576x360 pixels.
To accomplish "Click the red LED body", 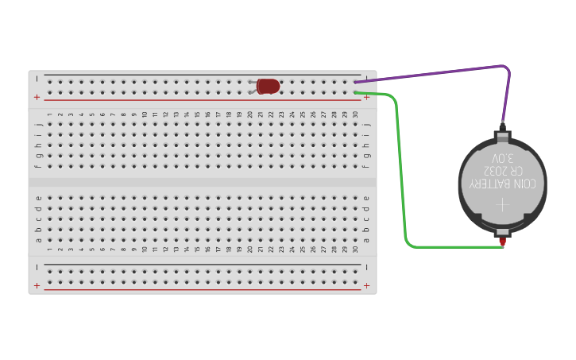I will (269, 86).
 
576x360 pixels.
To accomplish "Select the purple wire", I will (445, 72).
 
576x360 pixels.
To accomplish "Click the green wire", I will (402, 175).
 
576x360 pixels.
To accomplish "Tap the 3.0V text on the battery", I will (502, 158).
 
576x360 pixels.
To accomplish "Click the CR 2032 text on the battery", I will (502, 171).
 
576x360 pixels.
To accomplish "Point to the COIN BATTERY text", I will (502, 184).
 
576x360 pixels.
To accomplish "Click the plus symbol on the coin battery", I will (502, 204).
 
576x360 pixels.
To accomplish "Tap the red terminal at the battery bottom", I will (502, 240).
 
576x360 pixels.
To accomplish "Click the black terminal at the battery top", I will (502, 127).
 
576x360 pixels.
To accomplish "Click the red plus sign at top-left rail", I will (37, 97).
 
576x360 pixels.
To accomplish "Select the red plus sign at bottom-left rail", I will (37, 285).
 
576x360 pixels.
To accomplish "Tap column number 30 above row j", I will (355, 114).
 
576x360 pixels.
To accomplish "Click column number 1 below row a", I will (48, 249).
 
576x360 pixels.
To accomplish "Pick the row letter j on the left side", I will (37, 124).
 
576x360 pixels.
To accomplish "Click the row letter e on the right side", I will (366, 198).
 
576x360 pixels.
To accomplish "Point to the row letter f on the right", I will (366, 166).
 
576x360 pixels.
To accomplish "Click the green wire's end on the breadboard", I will (356, 92).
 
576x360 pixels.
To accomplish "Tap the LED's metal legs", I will (253, 86).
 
